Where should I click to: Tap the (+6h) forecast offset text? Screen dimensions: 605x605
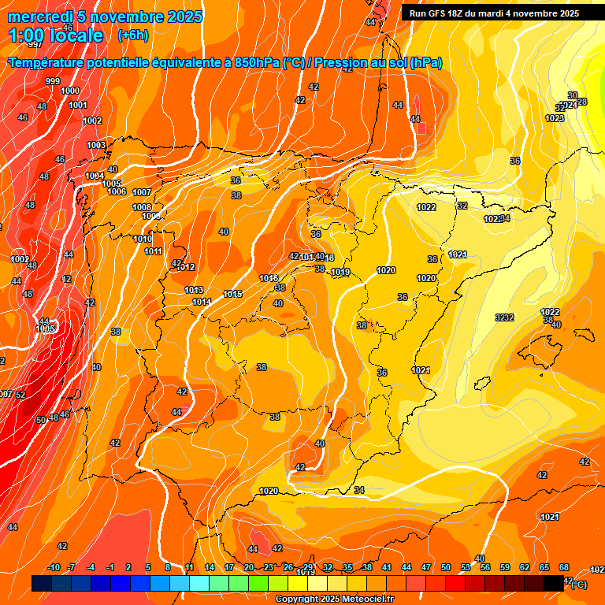(x=132, y=35)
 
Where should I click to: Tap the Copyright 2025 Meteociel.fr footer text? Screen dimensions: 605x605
(x=335, y=599)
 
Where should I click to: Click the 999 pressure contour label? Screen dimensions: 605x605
(x=53, y=81)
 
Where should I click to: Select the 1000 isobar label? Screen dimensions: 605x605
(x=70, y=91)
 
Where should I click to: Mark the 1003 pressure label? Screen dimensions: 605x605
(x=96, y=146)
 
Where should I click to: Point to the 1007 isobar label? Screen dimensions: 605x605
(x=142, y=193)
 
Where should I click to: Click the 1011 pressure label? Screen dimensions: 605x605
(x=153, y=252)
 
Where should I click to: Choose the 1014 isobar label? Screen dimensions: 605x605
(x=202, y=302)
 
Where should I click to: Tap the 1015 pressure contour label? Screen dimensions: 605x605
(x=232, y=294)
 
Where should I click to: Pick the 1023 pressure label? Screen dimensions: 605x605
(x=555, y=118)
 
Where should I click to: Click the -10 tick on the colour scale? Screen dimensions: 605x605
(x=54, y=568)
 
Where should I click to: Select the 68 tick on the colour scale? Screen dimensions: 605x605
(x=564, y=568)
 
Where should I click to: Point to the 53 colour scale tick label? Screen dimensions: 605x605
(x=466, y=568)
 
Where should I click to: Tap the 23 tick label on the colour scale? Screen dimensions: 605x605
(x=269, y=568)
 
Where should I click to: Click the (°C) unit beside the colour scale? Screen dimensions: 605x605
(x=579, y=585)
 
